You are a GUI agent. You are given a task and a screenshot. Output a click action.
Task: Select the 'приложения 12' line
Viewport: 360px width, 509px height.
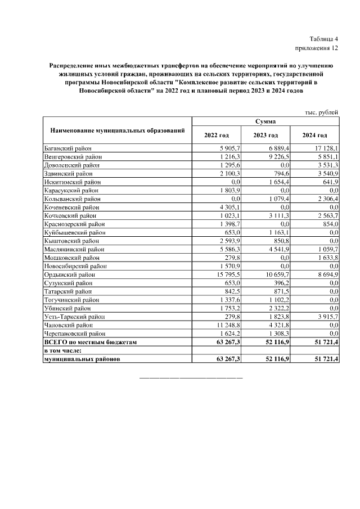click(x=317, y=48)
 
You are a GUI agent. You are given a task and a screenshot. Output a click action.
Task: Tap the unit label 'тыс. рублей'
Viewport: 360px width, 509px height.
click(x=322, y=112)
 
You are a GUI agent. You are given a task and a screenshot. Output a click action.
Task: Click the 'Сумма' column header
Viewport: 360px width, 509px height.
click(x=265, y=121)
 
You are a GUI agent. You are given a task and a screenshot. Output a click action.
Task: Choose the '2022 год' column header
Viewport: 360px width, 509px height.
click(x=217, y=136)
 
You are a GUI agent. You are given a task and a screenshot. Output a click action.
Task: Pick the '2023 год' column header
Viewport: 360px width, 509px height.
click(x=265, y=136)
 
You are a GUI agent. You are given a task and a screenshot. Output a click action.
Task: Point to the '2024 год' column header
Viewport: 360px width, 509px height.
click(x=314, y=136)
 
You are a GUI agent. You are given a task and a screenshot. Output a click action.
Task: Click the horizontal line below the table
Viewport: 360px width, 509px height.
click(x=191, y=376)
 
